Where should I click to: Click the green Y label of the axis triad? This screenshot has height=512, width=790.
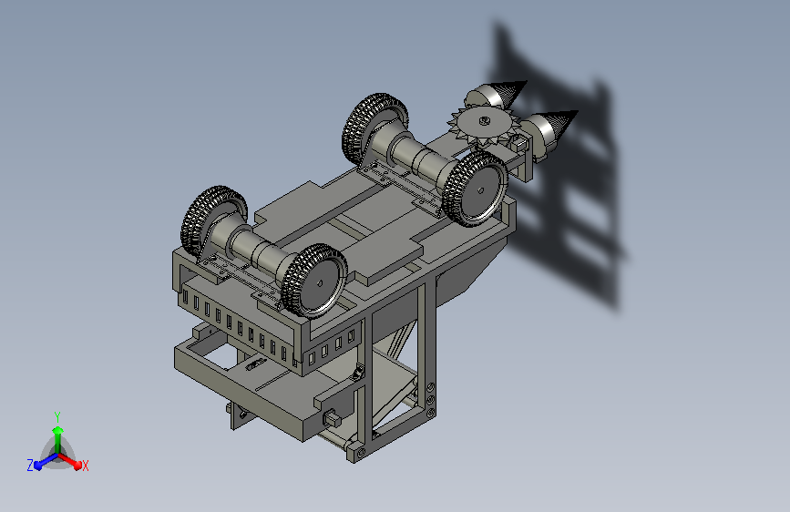[x=57, y=416]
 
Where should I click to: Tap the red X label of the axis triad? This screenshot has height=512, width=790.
[x=85, y=466]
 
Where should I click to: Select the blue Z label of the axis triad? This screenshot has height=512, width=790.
[x=30, y=466]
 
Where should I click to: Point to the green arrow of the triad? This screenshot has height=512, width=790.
[x=58, y=440]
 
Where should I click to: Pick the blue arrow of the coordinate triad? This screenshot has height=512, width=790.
[x=46, y=461]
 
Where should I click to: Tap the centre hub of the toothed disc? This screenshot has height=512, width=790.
[x=484, y=120]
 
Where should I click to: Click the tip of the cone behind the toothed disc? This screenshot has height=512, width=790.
[x=526, y=81]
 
